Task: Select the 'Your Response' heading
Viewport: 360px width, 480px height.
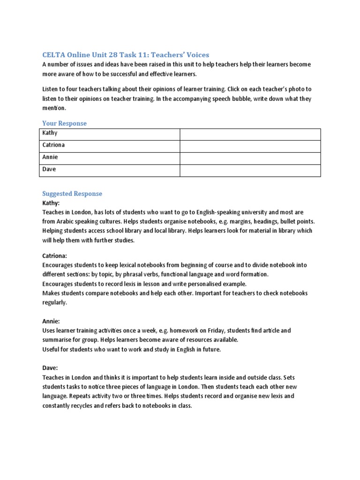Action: [64, 123]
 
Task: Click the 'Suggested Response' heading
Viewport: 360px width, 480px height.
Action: [72, 194]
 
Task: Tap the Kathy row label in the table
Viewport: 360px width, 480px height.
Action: [50, 133]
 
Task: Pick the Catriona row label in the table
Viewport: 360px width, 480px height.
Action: [53, 145]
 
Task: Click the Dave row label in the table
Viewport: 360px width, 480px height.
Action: [49, 170]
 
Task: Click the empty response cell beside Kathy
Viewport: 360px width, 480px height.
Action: [250, 134]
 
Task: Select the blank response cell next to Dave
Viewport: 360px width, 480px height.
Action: [250, 170]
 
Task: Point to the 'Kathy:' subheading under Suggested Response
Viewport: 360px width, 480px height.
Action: [51, 203]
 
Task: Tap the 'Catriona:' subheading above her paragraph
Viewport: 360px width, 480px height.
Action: [55, 256]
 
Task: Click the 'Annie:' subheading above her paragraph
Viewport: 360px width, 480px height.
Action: [51, 322]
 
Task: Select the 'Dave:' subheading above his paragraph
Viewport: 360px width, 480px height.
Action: [50, 368]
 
